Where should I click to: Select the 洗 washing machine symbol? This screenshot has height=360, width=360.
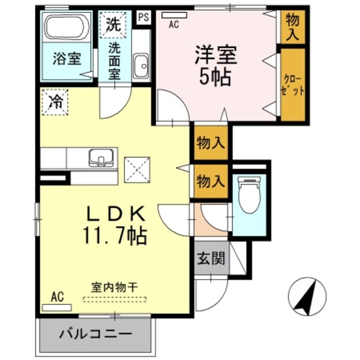(114, 24)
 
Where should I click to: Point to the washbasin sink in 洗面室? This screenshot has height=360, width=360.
(141, 65)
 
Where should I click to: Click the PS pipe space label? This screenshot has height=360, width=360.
(143, 17)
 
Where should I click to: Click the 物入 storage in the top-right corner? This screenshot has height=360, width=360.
(292, 26)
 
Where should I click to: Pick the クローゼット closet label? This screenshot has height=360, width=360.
(292, 84)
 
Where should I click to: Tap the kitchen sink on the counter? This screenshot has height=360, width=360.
(100, 157)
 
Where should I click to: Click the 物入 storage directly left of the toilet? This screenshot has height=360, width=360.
(211, 181)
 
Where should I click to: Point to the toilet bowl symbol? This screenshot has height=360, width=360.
(249, 194)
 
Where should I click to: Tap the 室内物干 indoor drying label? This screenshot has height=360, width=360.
(114, 287)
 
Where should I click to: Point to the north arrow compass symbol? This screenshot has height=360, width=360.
(307, 296)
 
